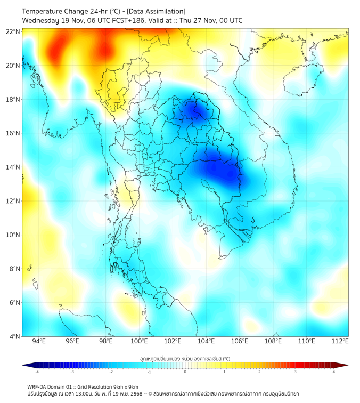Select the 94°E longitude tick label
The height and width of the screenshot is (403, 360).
(x=39, y=341)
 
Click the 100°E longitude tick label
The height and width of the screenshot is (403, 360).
(x=139, y=341)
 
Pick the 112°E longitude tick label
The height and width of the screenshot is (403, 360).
(x=340, y=341)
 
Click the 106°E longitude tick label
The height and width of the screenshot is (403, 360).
(x=240, y=341)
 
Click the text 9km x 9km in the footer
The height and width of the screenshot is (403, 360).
(x=122, y=386)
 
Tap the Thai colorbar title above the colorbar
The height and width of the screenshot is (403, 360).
(x=185, y=359)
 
